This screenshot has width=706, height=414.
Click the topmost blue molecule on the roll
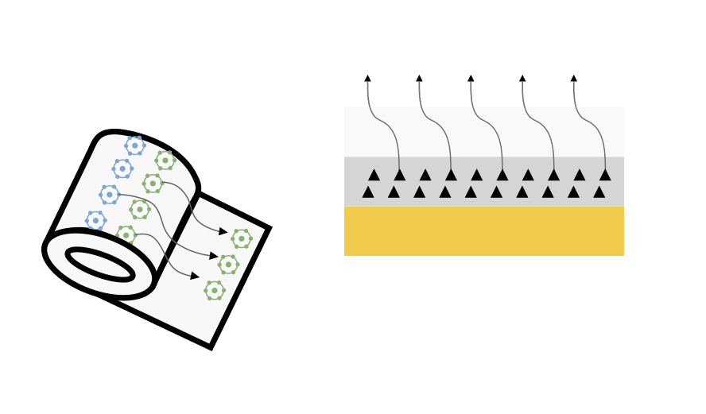click(134, 145)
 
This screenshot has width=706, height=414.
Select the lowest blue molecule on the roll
click(95, 220)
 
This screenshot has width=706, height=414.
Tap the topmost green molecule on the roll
click(165, 161)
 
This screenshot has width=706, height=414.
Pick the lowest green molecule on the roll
click(126, 234)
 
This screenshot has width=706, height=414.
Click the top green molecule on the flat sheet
click(241, 238)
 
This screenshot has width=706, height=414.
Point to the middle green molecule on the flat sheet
click(228, 263)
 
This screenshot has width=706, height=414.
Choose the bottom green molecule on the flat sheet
click(213, 291)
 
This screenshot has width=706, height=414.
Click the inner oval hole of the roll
click(100, 264)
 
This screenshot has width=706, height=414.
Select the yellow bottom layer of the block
click(483, 230)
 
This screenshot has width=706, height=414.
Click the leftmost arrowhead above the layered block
click(367, 79)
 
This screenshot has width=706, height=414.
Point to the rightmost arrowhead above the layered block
click(573, 79)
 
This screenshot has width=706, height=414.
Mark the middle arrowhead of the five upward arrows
click(471, 79)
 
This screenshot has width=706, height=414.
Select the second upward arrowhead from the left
click(419, 79)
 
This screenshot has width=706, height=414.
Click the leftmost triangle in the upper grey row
click(374, 175)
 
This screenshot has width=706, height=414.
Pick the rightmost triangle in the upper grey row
click(605, 175)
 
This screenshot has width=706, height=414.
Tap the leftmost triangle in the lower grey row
click(368, 192)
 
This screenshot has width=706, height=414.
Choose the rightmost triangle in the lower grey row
click(599, 192)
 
